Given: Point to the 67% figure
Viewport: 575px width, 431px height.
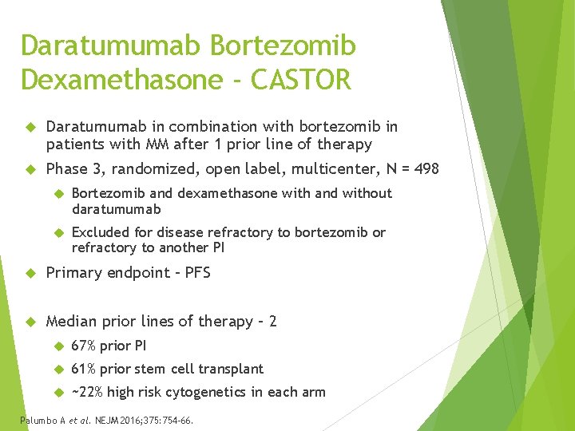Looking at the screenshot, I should coord(84,346).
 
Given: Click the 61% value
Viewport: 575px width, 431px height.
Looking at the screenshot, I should coord(84,369).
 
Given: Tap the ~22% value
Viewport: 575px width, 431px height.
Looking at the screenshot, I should coord(88,392).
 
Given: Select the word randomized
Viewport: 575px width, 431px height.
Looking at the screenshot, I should coord(148,168).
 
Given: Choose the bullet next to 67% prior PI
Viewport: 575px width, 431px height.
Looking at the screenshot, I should coord(57,346).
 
